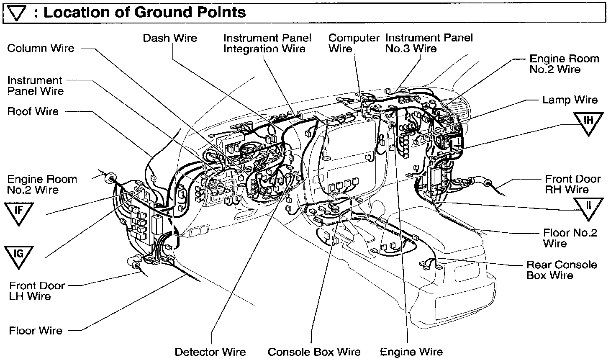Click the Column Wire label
pos(41,48)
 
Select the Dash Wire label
pos(170,38)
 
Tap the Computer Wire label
pos(354,44)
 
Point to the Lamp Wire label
pos(570,100)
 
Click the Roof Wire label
pos(33,111)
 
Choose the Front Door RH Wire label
pos(572,184)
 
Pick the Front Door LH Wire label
pos(37,291)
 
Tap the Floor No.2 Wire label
pos(570,238)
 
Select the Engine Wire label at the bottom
pos(411,352)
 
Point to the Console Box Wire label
pos(314,352)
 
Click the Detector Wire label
pos(210,352)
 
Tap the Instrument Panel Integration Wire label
pos(267,44)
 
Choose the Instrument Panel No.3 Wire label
pos(429,44)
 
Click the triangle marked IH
pos(588,122)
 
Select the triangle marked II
pos(588,207)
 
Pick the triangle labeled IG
pos(19,255)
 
